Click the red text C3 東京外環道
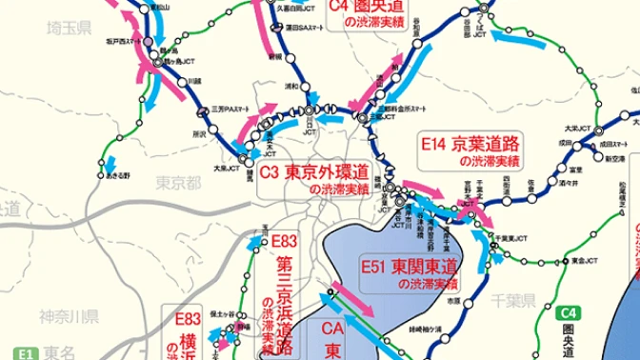pyautogui.click(x=314, y=173)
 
